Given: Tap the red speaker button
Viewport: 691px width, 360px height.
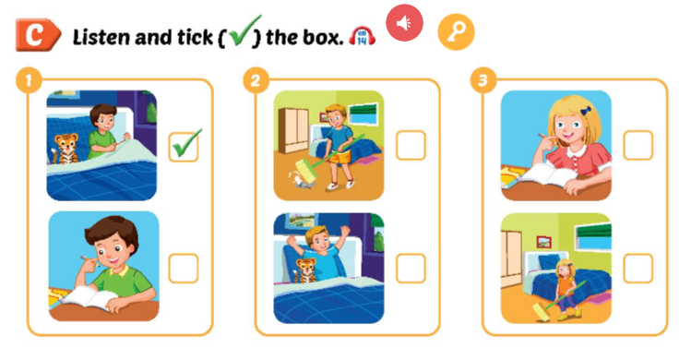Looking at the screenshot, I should tap(403, 22).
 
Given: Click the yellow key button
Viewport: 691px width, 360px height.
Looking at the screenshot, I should tap(456, 32).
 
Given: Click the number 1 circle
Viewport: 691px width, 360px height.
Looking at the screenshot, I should tap(28, 80).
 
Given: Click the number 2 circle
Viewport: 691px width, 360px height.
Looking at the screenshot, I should tap(256, 80).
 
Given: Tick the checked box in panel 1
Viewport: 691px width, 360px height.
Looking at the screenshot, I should tap(185, 145).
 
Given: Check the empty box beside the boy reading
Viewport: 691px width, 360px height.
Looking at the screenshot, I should tap(184, 268).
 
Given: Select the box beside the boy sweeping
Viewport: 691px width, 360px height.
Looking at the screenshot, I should tap(411, 145).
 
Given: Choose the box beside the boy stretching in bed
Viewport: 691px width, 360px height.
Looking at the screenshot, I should tap(411, 268).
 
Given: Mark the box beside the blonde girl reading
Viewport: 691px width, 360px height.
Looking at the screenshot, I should tap(637, 145).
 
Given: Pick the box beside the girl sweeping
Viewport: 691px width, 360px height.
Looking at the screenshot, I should tap(637, 268).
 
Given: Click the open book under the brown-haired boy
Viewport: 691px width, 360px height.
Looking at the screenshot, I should tap(88, 298).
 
